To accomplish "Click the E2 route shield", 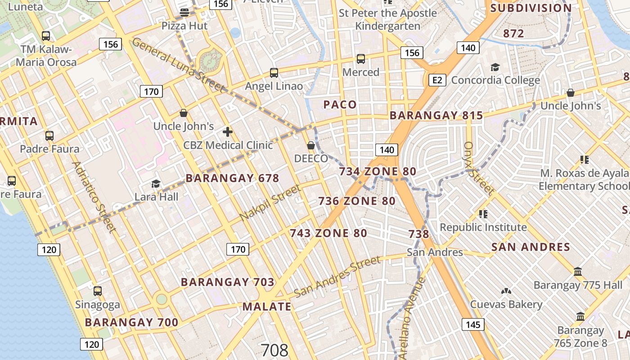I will point(437,81).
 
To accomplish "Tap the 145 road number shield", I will point(473,324).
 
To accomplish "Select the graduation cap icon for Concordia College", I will point(495,67).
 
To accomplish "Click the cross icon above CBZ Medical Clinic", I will point(228,132).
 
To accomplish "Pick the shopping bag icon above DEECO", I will point(310,145).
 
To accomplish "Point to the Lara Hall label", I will point(157,197).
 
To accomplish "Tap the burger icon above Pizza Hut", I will point(184,12).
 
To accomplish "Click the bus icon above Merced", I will point(360,59).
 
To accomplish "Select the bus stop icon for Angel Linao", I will point(274,72).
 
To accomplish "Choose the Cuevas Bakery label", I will point(506,305).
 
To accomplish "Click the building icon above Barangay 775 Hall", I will point(578,272).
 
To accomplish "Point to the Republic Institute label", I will point(483,227).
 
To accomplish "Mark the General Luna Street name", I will point(178,65).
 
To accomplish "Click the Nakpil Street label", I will point(270,203).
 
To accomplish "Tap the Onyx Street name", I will point(479,168).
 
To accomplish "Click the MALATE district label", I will point(267,307).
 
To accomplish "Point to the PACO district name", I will point(340,105).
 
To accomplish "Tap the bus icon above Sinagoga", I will point(98,291).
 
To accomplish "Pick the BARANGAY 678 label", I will point(232,178).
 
